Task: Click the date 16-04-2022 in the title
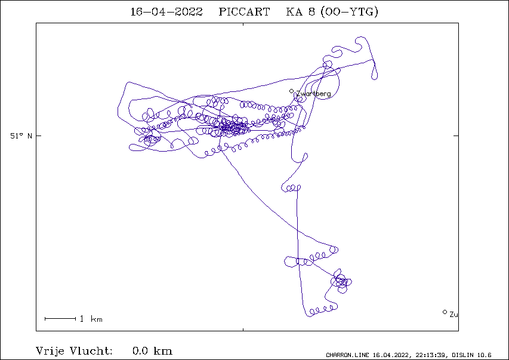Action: [166, 12]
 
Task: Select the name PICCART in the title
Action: [244, 12]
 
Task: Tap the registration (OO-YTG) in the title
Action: [349, 12]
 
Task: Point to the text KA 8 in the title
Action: [300, 12]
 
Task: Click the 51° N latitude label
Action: [21, 136]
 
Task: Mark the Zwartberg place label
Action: [313, 94]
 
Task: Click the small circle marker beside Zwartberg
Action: [292, 91]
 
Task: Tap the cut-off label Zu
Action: [454, 315]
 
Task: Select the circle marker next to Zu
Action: [445, 312]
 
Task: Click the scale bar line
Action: [60, 319]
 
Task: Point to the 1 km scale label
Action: [91, 319]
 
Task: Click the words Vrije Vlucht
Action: [74, 351]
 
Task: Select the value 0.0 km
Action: [152, 351]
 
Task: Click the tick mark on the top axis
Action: [243, 24]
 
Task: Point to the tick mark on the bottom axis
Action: [243, 330]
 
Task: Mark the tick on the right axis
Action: [456, 136]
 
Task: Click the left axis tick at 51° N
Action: [39, 136]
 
